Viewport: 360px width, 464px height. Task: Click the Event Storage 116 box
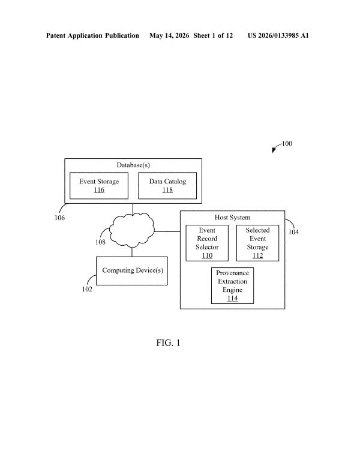(99, 186)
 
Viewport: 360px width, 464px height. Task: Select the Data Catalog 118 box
(167, 186)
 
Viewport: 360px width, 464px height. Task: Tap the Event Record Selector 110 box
(207, 243)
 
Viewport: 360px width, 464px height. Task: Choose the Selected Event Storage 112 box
(257, 243)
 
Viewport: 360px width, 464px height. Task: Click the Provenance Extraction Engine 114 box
(232, 285)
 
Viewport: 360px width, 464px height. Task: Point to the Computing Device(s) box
(132, 271)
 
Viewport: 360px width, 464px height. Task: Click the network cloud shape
(132, 230)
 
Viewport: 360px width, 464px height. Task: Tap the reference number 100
(287, 143)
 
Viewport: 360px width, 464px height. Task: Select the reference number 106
(59, 218)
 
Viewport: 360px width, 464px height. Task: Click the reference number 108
(100, 242)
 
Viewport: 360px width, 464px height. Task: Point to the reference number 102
(87, 289)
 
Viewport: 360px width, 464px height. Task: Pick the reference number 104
(293, 232)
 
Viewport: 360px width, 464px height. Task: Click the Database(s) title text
(133, 165)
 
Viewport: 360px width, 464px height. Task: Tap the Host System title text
(232, 218)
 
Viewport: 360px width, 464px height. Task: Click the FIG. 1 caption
(168, 343)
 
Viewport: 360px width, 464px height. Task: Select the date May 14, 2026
(169, 36)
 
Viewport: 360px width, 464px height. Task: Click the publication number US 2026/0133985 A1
(278, 35)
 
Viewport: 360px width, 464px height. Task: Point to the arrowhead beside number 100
(274, 150)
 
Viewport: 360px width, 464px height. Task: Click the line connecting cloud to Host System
(167, 231)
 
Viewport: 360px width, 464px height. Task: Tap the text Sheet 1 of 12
(213, 35)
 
